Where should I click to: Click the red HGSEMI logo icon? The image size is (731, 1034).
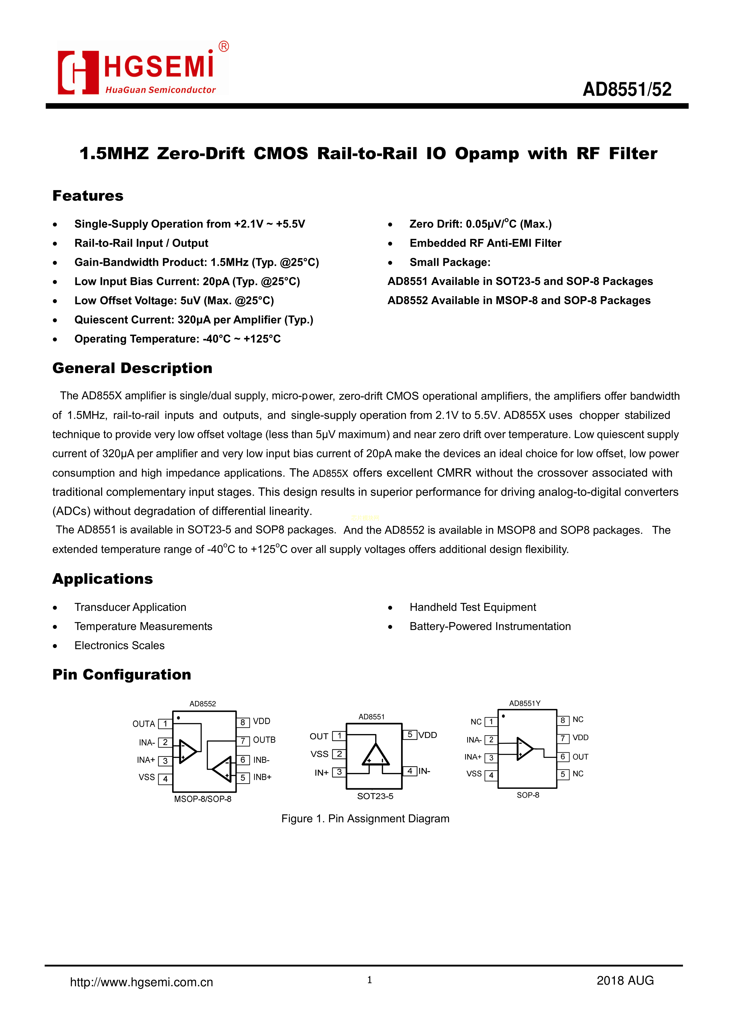coord(78,72)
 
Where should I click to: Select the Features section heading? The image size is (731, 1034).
coord(88,196)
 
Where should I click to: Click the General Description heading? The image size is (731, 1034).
coord(132,368)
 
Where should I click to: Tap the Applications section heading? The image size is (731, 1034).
coord(103,579)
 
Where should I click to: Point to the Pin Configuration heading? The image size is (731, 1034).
coord(122,674)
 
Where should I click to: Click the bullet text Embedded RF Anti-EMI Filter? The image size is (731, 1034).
coord(485,243)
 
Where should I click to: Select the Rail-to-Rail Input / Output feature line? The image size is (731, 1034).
coord(141,243)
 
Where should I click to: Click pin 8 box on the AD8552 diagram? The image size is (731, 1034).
coord(243,722)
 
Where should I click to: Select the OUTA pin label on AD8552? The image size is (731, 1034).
coord(143,724)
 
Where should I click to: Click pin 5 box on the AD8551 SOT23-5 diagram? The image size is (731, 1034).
coord(409,735)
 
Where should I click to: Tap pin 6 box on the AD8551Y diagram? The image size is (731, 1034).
coord(563,757)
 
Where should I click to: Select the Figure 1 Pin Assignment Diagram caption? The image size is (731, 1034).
coord(365,818)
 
